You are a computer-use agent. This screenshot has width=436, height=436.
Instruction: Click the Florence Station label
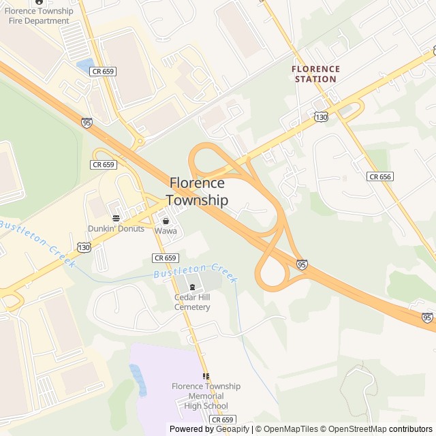(315, 74)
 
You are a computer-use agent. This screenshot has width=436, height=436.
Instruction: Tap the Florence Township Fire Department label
(39, 16)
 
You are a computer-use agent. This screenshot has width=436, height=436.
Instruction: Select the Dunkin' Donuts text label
(116, 228)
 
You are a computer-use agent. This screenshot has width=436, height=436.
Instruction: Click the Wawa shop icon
(166, 221)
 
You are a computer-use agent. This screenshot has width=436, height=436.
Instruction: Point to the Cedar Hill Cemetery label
(192, 302)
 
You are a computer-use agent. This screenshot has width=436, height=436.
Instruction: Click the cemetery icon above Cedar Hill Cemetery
(192, 287)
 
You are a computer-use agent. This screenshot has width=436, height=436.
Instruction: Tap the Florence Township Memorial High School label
(206, 396)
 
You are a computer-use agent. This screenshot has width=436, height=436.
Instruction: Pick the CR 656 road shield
(379, 176)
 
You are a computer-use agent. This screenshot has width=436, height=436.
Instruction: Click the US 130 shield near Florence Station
(321, 118)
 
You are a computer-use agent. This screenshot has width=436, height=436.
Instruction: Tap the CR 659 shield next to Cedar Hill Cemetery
(166, 258)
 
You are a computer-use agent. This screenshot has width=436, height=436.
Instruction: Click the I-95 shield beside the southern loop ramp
(302, 264)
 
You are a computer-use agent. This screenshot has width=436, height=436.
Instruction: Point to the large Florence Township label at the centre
(197, 191)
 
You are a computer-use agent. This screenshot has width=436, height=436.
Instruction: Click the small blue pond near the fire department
(85, 66)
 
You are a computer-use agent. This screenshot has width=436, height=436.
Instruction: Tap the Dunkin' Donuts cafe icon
(116, 218)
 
